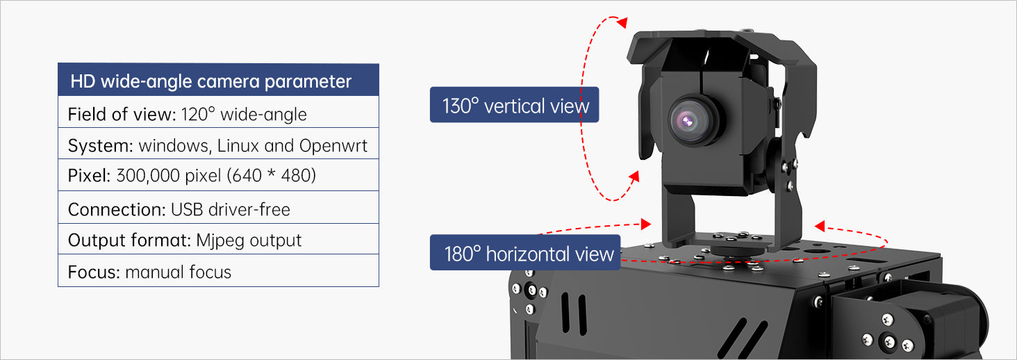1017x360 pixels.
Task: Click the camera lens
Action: [x=693, y=120]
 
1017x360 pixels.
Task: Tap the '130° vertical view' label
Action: [x=514, y=105]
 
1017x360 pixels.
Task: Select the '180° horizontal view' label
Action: [x=525, y=253]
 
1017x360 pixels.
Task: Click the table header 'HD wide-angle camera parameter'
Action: [x=210, y=81]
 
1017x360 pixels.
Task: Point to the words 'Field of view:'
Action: [x=122, y=114]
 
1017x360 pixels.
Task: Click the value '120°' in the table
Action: [x=197, y=114]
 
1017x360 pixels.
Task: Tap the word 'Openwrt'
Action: [x=333, y=146]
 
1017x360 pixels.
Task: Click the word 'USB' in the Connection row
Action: [x=187, y=209]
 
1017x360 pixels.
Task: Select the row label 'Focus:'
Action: [x=94, y=272]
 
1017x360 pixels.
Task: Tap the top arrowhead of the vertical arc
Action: [x=622, y=22]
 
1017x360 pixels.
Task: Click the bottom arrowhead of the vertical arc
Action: [x=634, y=177]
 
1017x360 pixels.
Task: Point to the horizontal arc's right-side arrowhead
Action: [x=820, y=226]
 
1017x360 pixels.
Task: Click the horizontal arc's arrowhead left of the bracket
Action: [x=645, y=223]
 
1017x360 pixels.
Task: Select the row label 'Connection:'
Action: [x=117, y=209]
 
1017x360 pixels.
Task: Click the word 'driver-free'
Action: [x=249, y=209]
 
